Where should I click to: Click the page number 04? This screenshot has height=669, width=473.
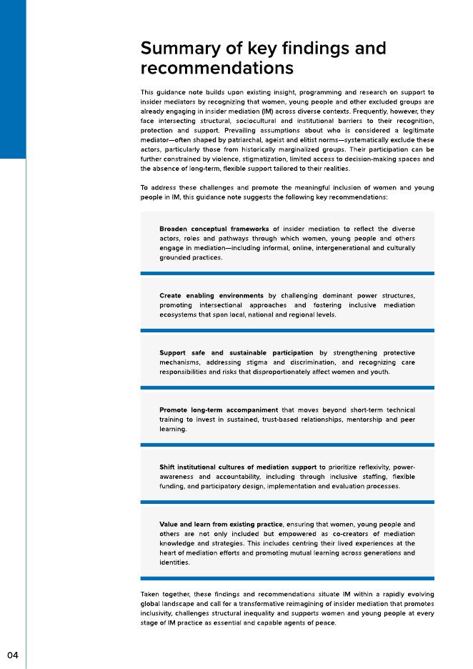click(x=13, y=655)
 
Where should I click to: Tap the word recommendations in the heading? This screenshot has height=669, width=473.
click(x=216, y=69)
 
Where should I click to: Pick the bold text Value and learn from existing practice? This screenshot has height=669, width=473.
click(x=221, y=525)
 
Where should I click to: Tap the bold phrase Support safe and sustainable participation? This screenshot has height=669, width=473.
click(x=236, y=353)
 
